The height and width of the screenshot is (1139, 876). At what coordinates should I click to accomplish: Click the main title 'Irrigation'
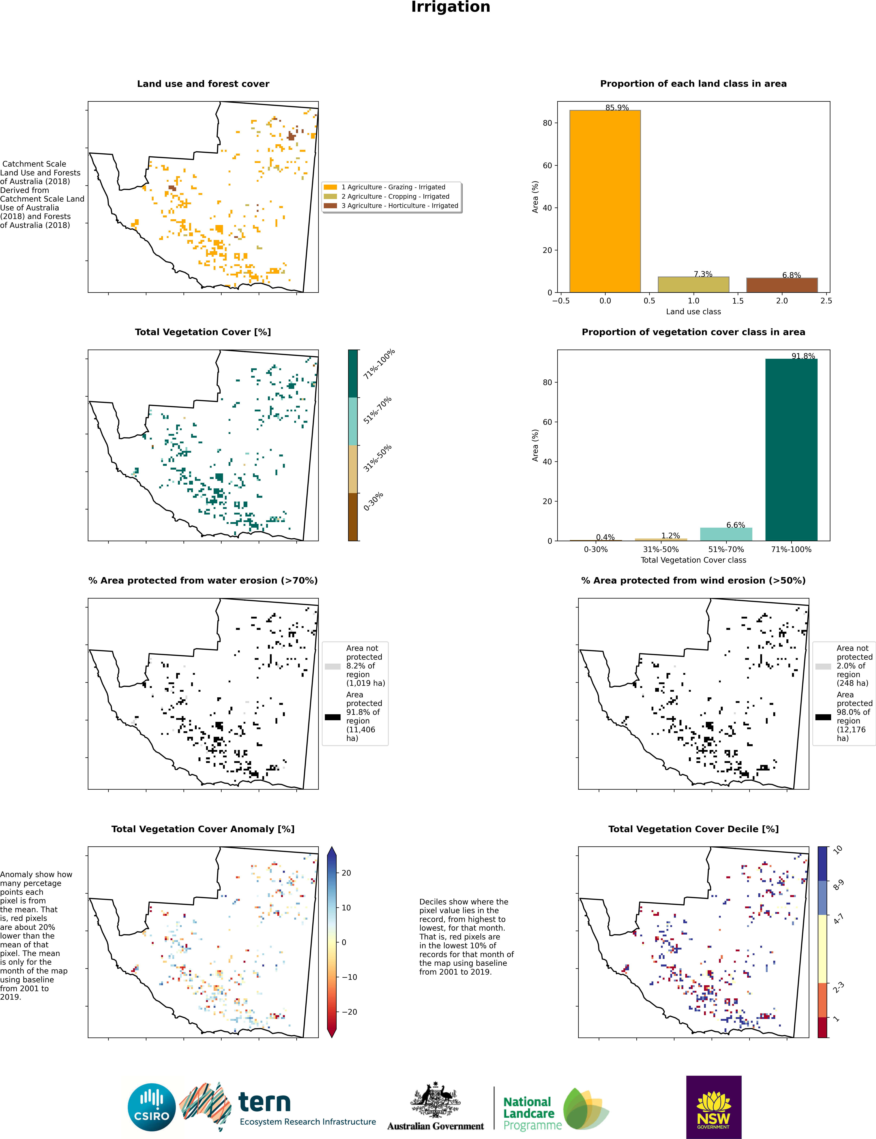[x=451, y=7]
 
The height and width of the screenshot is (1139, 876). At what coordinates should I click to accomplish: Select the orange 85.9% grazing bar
[x=605, y=201]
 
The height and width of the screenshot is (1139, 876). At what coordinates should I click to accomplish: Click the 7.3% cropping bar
[x=694, y=285]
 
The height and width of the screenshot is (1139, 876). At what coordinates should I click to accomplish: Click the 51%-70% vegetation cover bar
[x=726, y=534]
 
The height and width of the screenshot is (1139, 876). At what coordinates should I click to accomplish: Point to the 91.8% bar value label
[x=803, y=356]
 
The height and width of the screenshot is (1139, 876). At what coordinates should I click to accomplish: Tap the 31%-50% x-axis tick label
[x=661, y=549]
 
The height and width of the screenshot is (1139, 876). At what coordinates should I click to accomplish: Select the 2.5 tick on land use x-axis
[x=826, y=301]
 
